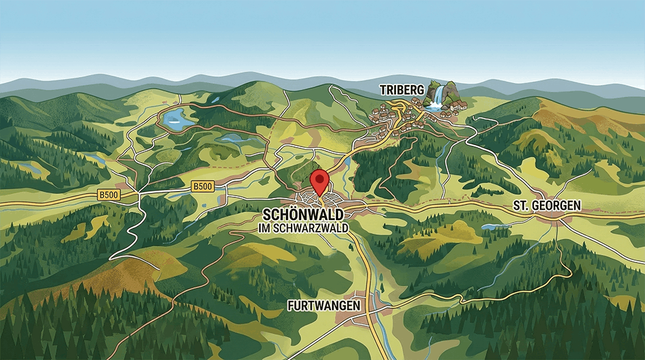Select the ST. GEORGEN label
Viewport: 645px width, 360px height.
pos(547,205)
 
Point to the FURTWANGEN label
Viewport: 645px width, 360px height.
pos(324,305)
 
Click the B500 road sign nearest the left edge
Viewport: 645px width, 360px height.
pos(109,194)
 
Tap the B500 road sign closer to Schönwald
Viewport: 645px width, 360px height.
pos(203,186)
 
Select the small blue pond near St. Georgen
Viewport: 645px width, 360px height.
pos(491,226)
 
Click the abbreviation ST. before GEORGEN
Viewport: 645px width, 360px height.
pos(521,205)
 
